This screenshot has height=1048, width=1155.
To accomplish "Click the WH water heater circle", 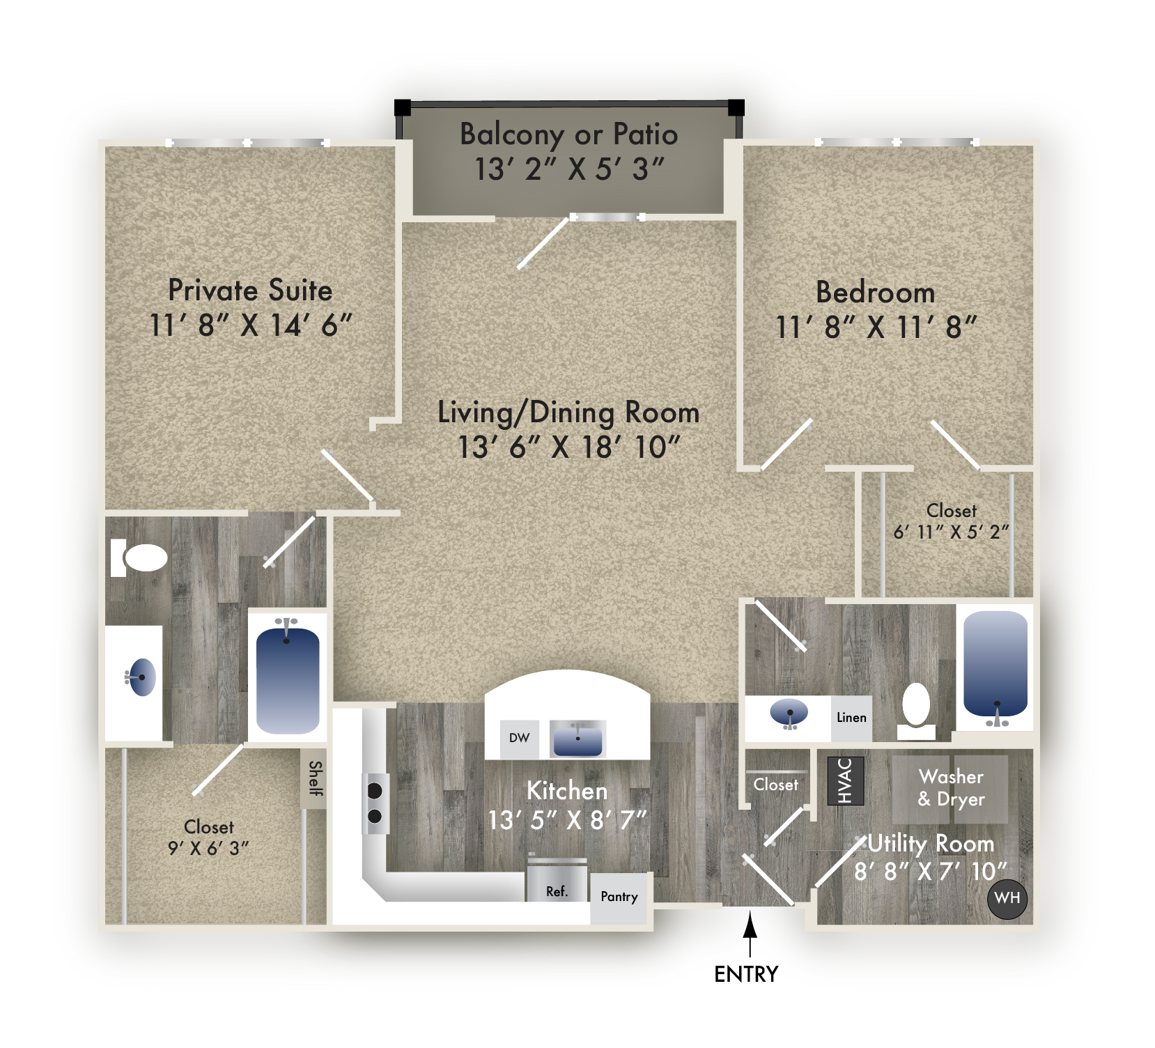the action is (1007, 898).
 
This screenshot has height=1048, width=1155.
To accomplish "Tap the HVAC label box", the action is (846, 780).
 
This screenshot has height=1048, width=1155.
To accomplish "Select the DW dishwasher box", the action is (520, 739).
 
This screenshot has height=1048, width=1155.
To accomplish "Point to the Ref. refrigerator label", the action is (557, 891).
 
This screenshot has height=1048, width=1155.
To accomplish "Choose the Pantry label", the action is (619, 897).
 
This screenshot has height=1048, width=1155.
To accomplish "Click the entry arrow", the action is (750, 934).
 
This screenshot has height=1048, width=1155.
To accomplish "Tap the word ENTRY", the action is (746, 974).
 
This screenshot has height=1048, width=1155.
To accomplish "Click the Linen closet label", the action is (851, 718).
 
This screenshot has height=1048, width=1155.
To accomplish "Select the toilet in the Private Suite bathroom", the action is (139, 557).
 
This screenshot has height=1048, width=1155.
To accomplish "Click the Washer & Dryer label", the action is (951, 788).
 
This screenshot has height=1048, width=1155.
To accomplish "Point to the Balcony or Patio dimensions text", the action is (569, 169).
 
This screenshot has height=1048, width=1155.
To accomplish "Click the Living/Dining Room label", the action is (568, 413).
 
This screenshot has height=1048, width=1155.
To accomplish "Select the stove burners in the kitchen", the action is (375, 803).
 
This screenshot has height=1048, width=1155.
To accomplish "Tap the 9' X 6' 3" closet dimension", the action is (208, 849).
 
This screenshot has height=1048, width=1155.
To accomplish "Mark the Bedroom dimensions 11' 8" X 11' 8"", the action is (876, 327).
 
